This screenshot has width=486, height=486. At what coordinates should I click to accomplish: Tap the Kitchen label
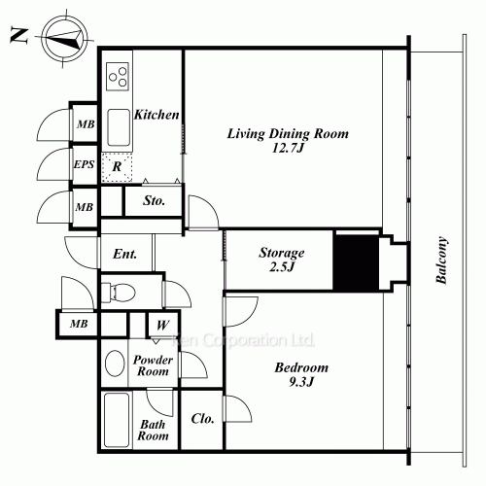coord(156,115)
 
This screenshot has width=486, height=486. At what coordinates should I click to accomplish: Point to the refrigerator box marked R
coord(117,166)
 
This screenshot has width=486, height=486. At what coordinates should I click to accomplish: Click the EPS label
coord(85,165)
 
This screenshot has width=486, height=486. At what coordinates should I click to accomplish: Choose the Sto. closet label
coord(154,201)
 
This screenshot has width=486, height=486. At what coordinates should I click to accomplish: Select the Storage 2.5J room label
coord(281,260)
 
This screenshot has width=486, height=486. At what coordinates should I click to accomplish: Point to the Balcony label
coord(443,260)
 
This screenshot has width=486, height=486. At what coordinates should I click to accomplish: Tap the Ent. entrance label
coord(124,254)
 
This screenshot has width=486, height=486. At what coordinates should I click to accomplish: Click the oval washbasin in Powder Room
coord(114,364)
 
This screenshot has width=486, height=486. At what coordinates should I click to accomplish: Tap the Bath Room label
coord(154,430)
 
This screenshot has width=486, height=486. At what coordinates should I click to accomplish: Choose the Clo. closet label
coord(202,419)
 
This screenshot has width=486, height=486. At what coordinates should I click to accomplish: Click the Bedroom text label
coord(301,368)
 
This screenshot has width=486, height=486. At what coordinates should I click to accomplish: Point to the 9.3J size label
coord(301,385)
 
